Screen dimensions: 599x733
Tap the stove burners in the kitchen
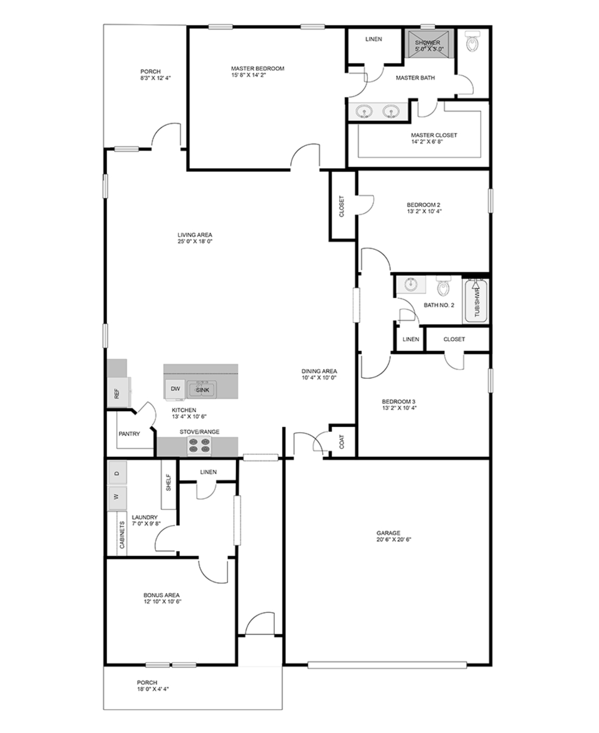(200, 446)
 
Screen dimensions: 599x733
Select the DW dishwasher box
(175, 389)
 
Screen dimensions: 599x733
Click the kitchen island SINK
(202, 390)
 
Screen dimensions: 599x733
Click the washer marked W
(117, 498)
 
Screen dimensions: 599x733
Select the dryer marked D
(117, 473)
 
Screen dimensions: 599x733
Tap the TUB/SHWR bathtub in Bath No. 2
(476, 300)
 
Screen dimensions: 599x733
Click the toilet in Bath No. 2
(443, 286)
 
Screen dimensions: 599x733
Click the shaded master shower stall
(429, 43)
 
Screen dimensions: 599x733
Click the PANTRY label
(129, 434)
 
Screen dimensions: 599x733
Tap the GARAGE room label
(388, 533)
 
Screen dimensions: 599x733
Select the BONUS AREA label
(161, 595)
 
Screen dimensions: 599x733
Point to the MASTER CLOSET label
(434, 135)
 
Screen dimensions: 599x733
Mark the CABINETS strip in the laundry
(122, 533)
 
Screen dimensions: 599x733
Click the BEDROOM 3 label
(398, 401)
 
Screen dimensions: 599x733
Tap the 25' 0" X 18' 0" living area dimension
(195, 241)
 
